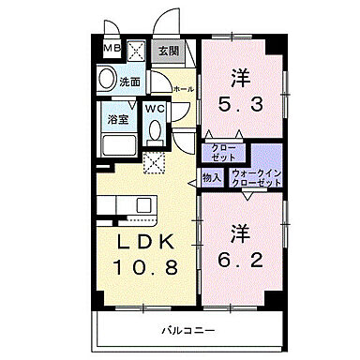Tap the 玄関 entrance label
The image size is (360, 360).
pyautogui.click(x=168, y=51)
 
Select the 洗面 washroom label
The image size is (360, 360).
pyautogui.click(x=129, y=82)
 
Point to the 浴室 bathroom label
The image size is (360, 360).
pyautogui.click(x=118, y=119)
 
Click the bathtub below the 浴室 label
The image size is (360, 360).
pyautogui.click(x=116, y=146)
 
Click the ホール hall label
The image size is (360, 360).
pyautogui.click(x=184, y=89)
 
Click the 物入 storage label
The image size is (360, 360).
pyautogui.click(x=211, y=175)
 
